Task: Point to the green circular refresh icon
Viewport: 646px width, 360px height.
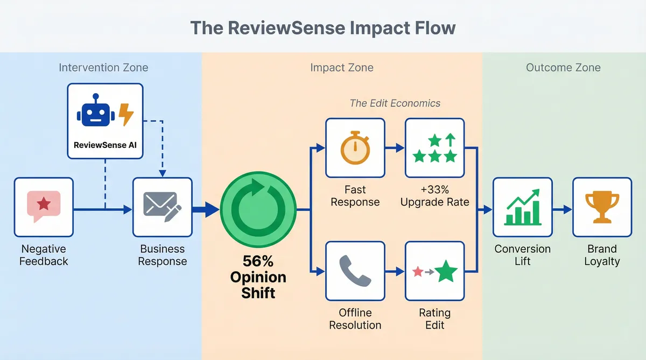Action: [x=259, y=207]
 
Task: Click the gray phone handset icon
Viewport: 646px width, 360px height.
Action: [x=355, y=271]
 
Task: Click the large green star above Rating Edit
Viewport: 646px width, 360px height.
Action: [x=446, y=271]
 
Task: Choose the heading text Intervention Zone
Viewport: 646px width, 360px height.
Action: [x=103, y=68]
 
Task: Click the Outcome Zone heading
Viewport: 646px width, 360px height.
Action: [x=563, y=68]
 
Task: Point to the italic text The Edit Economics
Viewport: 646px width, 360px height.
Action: [x=395, y=103]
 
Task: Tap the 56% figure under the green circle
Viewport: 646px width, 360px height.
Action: [x=258, y=262]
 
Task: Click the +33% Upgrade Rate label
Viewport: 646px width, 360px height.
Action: [x=434, y=196]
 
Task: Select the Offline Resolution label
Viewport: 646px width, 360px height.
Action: [x=355, y=319]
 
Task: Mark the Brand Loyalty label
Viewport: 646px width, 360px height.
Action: [x=602, y=255]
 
